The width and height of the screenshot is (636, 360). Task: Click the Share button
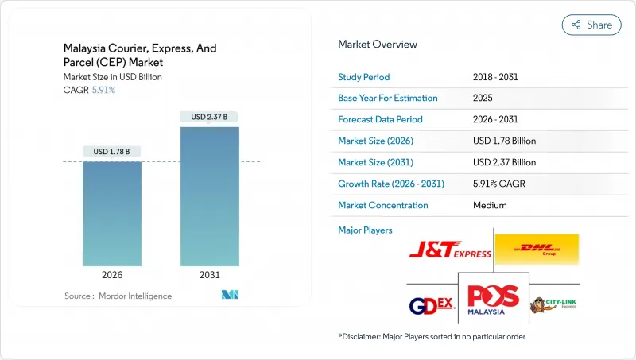(x=591, y=25)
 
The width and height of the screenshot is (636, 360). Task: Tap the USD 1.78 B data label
(x=112, y=152)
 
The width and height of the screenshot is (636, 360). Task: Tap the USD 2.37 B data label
(x=210, y=117)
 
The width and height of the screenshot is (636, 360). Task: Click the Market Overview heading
(x=378, y=45)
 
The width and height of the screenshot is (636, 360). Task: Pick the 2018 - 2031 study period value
(x=497, y=77)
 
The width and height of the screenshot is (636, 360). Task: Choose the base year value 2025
(x=483, y=99)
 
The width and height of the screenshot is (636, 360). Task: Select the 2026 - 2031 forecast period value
(x=497, y=120)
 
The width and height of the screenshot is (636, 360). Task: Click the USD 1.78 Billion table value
(x=504, y=141)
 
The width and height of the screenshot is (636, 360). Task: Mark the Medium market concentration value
(x=489, y=205)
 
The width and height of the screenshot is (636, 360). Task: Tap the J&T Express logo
(x=450, y=250)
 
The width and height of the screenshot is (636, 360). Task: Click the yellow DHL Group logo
(x=537, y=249)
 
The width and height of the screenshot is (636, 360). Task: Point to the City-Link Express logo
(x=554, y=304)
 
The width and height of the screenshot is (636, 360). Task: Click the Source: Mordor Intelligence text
(x=118, y=296)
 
